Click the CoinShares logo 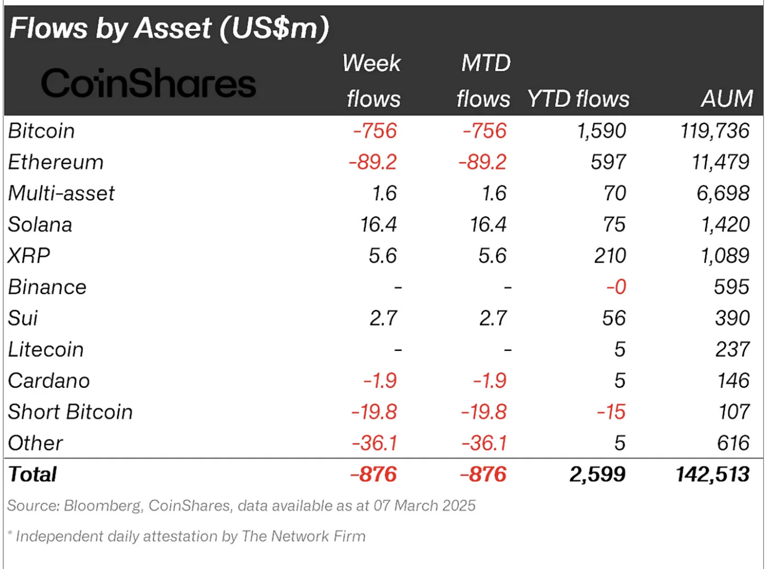(148, 84)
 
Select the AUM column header (726, 99)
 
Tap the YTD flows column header (578, 99)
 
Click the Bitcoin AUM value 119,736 (715, 131)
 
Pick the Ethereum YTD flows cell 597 (608, 162)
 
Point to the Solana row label (40, 225)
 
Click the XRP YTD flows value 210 (610, 256)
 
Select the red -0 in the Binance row (616, 287)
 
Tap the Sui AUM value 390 (732, 318)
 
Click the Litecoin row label (46, 350)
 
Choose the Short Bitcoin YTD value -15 (611, 412)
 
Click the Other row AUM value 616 (733, 443)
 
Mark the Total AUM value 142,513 (712, 474)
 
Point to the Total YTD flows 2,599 (597, 474)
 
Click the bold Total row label (32, 474)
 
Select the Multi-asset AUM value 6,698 (723, 194)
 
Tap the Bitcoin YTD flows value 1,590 (601, 131)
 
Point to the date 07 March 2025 (424, 506)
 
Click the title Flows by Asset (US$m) (170, 29)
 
